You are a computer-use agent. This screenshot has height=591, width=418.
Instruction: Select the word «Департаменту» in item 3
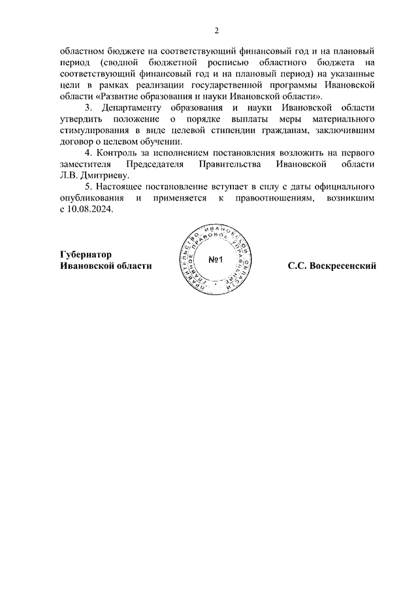tap(128, 109)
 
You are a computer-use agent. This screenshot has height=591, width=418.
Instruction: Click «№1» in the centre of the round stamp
tap(216, 261)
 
